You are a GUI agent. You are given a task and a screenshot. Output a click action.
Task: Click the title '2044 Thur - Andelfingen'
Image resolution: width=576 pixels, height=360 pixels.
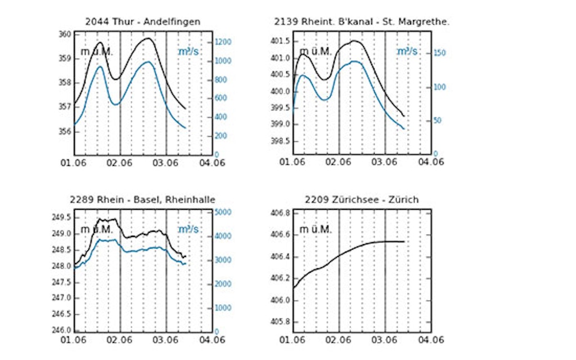[143, 21]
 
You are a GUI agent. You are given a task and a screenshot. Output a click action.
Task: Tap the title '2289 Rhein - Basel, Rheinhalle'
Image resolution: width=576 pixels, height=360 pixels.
[143, 200]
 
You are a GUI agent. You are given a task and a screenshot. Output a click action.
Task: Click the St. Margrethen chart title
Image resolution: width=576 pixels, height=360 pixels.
[362, 21]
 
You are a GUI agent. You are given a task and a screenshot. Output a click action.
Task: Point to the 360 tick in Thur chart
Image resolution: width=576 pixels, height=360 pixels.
[65, 34]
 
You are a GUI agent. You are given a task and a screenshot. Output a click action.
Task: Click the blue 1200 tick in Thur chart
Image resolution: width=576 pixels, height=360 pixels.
[223, 42]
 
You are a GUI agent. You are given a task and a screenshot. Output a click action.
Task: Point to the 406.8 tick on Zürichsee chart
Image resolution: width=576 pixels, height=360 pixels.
[280, 213]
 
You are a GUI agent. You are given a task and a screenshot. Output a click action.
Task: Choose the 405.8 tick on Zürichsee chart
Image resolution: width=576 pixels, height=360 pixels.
[280, 322]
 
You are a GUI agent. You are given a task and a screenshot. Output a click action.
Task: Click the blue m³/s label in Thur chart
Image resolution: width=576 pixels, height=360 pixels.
[189, 52]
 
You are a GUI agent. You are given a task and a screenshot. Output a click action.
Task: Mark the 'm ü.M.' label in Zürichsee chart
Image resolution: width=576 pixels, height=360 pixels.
[316, 229]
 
